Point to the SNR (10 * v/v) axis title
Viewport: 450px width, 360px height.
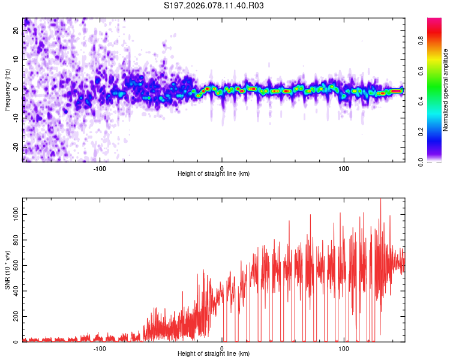click(7, 270)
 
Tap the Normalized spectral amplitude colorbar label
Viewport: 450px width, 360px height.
click(446, 90)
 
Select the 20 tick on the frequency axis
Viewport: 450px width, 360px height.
click(16, 31)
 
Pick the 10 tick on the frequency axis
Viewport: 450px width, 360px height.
click(16, 60)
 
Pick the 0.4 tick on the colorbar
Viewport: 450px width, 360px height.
click(421, 101)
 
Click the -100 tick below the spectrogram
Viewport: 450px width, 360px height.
click(100, 168)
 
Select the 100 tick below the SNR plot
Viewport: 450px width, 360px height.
click(344, 348)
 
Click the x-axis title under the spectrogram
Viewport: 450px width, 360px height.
click(214, 174)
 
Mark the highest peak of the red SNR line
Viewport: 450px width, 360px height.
click(380, 199)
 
